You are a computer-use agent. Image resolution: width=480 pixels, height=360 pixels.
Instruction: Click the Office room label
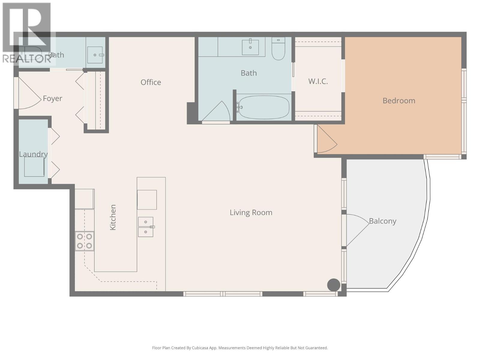(151, 82)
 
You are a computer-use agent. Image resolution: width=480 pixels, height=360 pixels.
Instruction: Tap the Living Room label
(251, 212)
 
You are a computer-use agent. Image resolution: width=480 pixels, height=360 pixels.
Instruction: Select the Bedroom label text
(399, 100)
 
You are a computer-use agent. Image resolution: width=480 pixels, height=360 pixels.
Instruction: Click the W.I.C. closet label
(318, 81)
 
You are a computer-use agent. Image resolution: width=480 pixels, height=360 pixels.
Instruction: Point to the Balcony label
(382, 221)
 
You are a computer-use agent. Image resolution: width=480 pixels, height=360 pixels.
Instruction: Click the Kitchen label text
(113, 217)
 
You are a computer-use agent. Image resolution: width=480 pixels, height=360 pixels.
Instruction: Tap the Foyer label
(52, 98)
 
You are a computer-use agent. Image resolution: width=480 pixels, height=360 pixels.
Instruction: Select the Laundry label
(33, 154)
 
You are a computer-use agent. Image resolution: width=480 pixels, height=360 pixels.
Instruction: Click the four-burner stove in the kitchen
(84, 241)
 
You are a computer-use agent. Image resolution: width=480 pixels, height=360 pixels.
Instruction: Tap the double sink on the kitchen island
(146, 227)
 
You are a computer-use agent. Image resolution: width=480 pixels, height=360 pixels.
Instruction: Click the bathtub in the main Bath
(264, 107)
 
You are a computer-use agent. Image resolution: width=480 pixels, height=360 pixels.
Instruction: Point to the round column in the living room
(333, 285)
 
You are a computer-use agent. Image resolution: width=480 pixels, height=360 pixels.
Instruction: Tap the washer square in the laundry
(34, 167)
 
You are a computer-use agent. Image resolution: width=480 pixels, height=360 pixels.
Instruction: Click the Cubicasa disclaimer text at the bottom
(240, 348)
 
